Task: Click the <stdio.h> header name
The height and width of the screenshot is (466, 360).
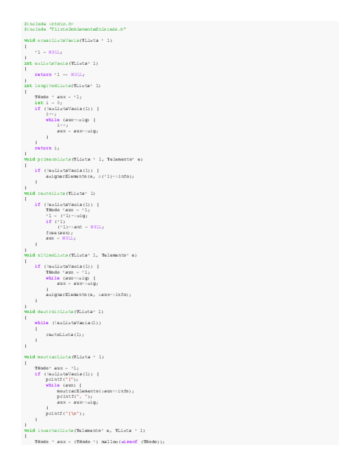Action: pos(61,24)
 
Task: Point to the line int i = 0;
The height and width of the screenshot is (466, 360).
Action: pos(48,103)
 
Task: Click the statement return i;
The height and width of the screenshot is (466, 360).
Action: pos(47,148)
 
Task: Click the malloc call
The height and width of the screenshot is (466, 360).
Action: pos(110,441)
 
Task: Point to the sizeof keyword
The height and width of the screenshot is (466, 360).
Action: pos(130,441)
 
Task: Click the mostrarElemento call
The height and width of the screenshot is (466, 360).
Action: pos(82,391)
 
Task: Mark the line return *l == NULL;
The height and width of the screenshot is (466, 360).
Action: pos(59,74)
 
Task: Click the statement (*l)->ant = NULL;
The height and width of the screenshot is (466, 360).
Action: pos(80,227)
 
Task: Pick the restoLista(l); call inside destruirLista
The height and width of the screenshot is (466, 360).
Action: pos(65,334)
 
